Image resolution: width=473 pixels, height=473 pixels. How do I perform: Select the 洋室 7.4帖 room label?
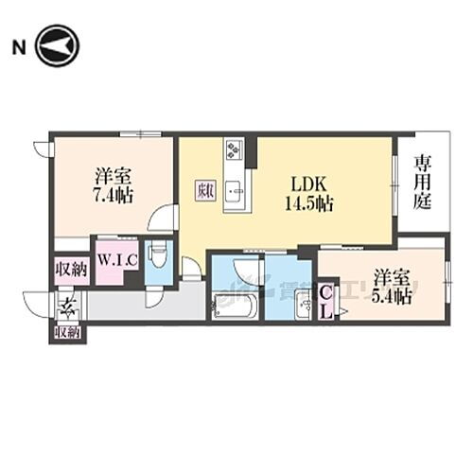coord(114,185)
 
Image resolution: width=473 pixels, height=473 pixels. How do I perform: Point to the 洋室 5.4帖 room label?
coord(392,287)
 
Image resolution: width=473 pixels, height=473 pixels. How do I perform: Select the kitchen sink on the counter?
coord(236,193)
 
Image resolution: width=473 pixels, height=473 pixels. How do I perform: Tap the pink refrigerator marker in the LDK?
coord(205,189)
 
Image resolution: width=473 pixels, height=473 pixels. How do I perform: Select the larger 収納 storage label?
coord(71,269)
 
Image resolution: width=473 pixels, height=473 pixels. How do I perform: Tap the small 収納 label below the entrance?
coord(67,332)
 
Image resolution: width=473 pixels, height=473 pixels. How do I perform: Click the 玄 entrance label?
coord(68,307)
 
